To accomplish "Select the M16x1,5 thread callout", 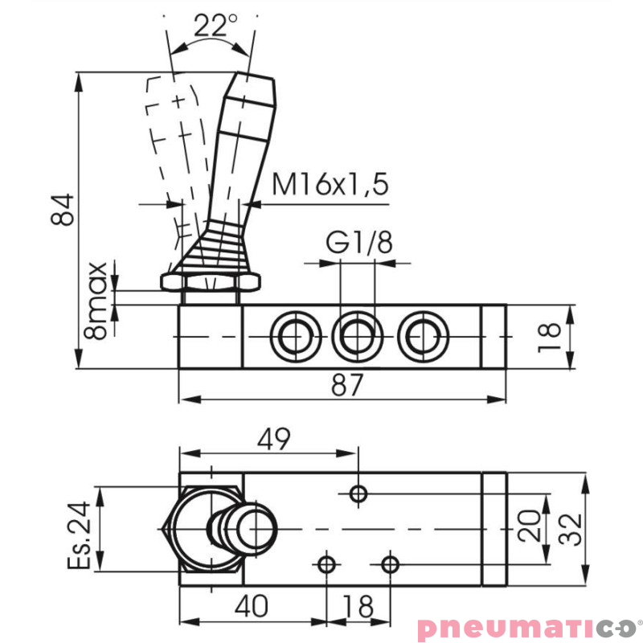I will point(330,185).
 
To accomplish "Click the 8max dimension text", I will point(96,299).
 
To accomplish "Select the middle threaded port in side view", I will point(356,336).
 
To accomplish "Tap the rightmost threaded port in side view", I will point(421,336).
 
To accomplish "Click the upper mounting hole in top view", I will point(358,493).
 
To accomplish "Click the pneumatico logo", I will point(526,627).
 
